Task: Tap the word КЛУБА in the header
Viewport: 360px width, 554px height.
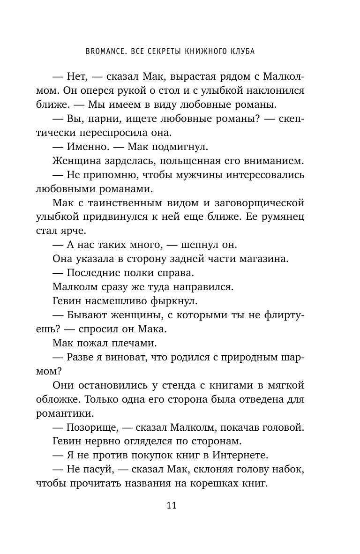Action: tap(240, 52)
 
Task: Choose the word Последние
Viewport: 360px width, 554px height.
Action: tap(92, 272)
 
